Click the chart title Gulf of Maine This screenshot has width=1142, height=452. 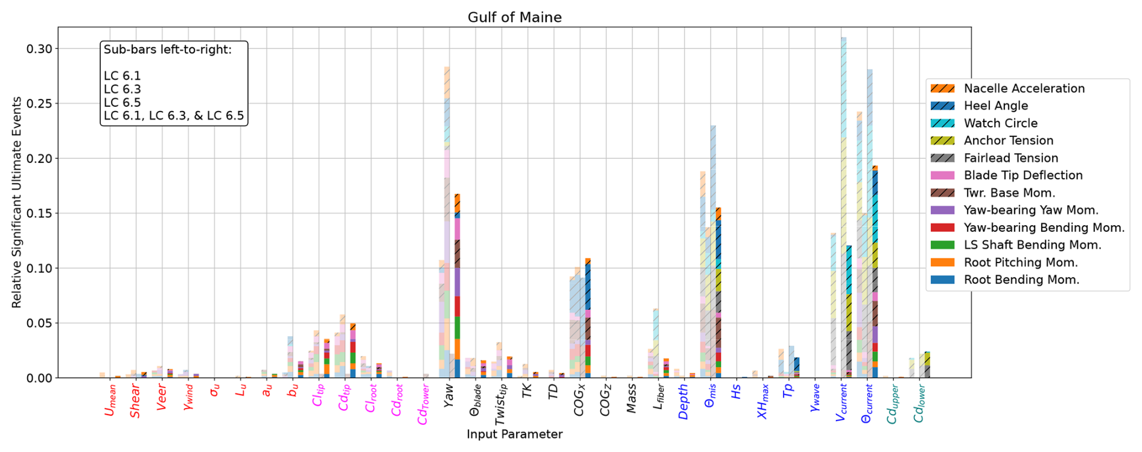514,18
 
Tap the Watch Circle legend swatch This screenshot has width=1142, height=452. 942,123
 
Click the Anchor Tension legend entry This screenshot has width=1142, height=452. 1008,141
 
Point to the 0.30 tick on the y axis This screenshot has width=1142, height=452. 39,49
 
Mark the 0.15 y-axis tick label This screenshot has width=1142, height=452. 39,214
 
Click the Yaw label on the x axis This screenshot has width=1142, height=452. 448,396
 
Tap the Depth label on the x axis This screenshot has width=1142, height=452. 683,402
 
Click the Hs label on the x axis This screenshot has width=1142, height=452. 736,393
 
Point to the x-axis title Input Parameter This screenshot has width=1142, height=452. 514,434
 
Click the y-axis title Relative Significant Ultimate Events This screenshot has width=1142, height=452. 16,202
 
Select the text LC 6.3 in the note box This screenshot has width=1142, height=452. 122,89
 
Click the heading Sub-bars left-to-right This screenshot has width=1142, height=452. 167,49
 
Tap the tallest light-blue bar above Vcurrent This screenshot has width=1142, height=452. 843,121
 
